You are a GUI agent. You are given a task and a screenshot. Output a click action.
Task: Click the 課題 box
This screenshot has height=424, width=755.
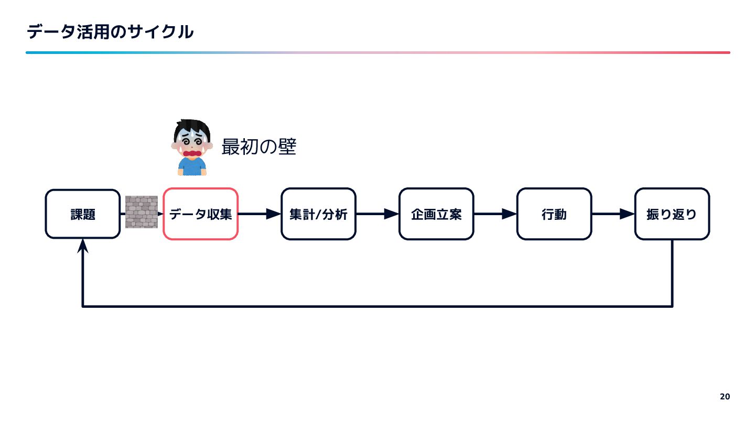coord(83,214)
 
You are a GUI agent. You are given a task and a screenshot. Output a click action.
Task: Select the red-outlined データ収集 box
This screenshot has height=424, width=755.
coord(200,214)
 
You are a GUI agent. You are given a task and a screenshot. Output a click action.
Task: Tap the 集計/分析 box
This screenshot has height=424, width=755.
coord(318,214)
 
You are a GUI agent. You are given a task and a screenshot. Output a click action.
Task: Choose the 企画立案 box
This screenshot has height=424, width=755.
coord(436,214)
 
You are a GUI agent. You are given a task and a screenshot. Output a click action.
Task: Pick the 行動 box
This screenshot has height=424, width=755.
coord(554,214)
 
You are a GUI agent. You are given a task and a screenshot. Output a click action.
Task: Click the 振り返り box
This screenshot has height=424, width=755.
coord(672,214)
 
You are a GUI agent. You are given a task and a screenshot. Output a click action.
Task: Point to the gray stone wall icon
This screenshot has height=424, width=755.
coord(142,212)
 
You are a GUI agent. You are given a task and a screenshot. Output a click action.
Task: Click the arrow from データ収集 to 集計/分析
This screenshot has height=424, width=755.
coord(260,214)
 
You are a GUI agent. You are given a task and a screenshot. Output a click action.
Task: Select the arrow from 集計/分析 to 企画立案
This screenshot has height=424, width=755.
coord(377,214)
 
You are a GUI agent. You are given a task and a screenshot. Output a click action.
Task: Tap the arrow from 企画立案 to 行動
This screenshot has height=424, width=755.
coord(495,214)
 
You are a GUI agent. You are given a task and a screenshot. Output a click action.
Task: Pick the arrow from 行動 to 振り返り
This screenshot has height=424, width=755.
coord(613,214)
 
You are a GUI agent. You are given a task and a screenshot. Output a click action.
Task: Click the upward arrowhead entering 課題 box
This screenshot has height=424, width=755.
coord(83,247)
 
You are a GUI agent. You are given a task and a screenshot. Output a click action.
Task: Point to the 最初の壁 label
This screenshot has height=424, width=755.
coord(258,147)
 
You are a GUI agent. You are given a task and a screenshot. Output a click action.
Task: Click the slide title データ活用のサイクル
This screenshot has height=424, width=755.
coord(110,32)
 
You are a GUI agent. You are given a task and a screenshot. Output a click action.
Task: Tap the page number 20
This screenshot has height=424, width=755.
coord(725,396)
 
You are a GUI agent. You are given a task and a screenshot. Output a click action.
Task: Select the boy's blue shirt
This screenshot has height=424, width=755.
coord(192,167)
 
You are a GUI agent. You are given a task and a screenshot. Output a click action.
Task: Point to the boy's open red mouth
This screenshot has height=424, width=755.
coord(192,153)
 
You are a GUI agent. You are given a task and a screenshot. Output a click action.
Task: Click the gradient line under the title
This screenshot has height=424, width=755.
coord(377,52)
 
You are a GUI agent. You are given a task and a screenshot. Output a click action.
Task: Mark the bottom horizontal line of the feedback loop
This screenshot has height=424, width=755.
coord(377,306)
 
